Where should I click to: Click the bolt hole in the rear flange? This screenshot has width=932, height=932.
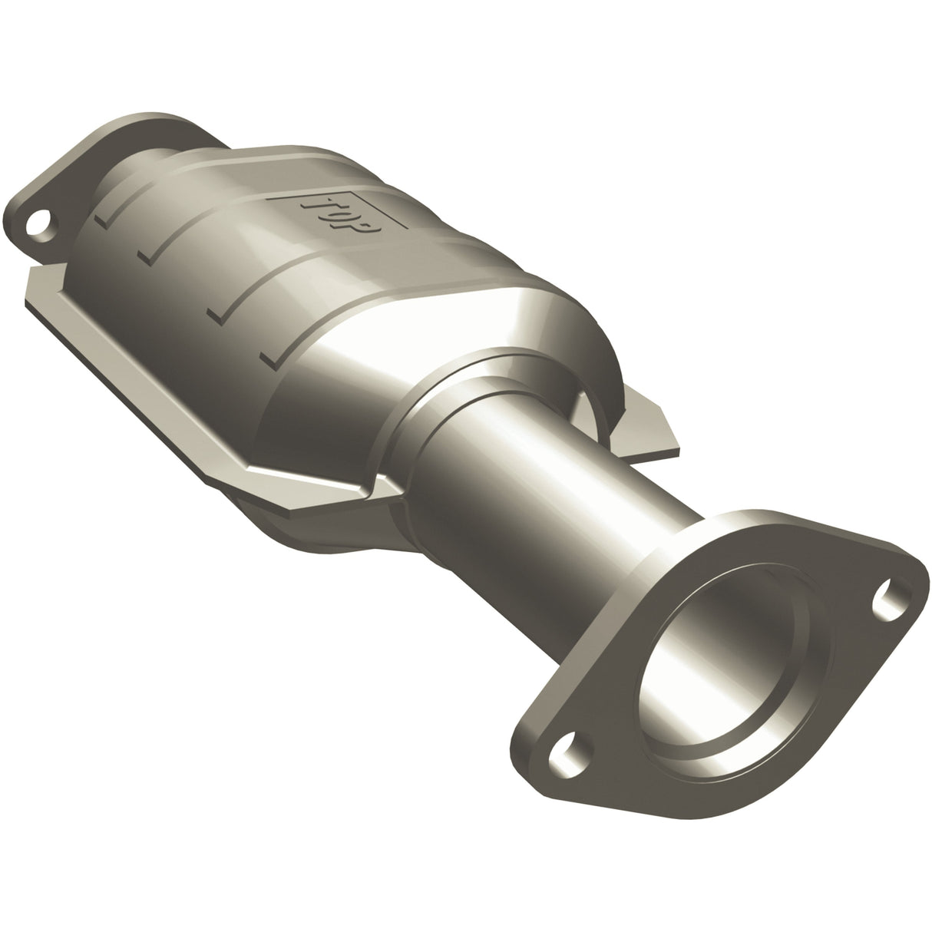[x=35, y=227]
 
